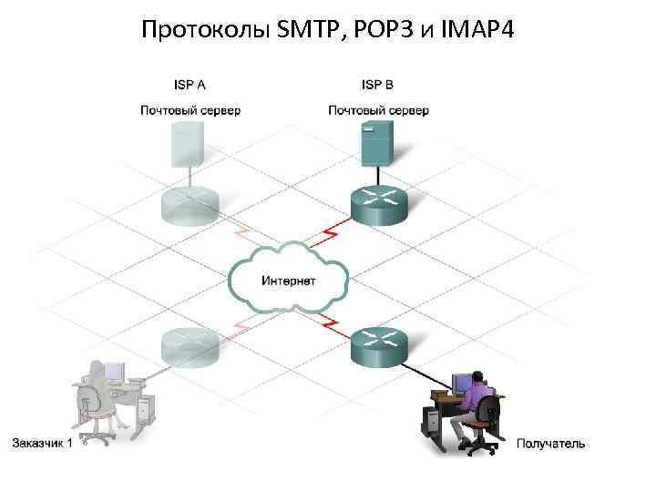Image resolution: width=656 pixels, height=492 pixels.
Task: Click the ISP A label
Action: click(x=190, y=85)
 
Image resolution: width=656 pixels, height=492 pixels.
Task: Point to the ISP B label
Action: click(x=377, y=85)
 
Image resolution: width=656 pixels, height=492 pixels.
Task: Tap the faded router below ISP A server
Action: click(x=189, y=204)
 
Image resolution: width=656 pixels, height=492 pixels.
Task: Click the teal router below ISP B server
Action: click(x=376, y=206)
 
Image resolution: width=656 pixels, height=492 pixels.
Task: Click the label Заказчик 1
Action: click(x=41, y=444)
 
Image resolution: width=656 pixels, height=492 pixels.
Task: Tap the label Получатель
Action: click(x=550, y=444)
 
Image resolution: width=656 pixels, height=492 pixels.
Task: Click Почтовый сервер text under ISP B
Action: click(x=378, y=110)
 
